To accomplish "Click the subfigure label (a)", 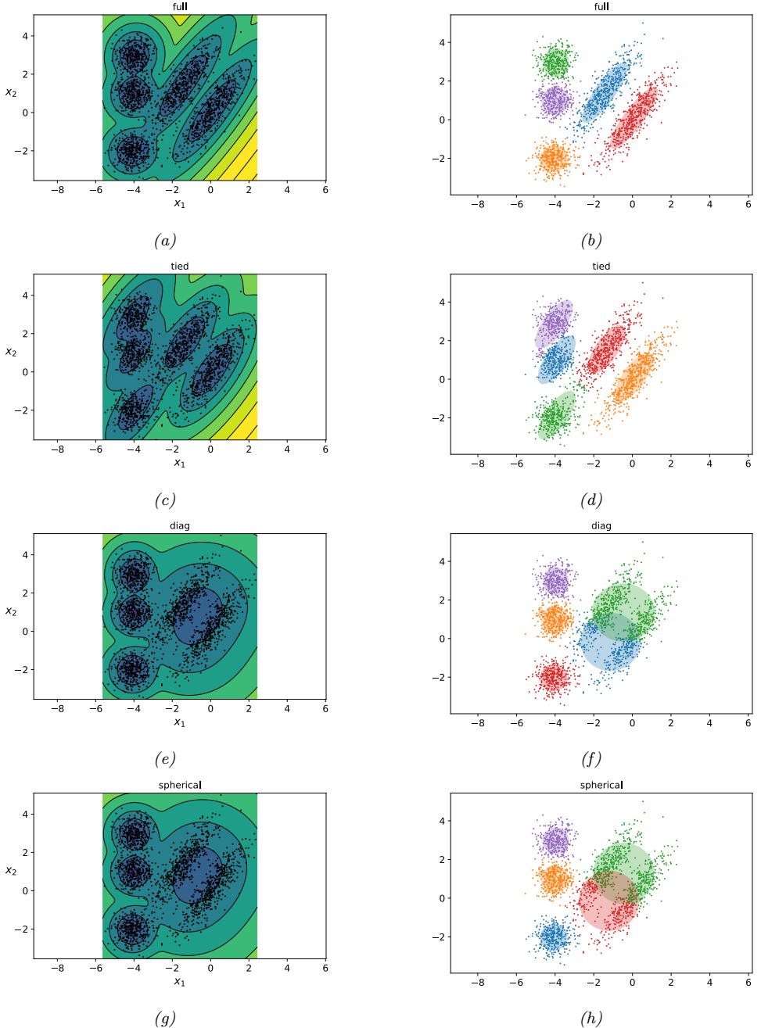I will (164, 242).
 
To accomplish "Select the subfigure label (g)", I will (164, 1017).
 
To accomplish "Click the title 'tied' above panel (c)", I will (179, 267).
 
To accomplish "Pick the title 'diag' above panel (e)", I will (179, 525).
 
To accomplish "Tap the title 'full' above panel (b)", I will (601, 7).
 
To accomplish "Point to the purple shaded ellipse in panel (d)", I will (554, 323).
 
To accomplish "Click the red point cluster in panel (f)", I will (555, 676).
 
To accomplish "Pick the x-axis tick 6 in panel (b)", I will (748, 205).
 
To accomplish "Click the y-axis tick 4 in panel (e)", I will (24, 554).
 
